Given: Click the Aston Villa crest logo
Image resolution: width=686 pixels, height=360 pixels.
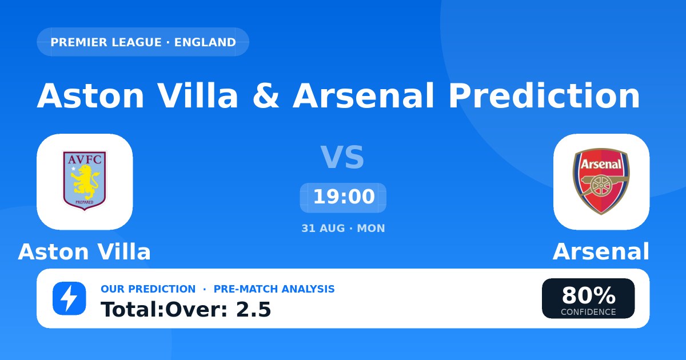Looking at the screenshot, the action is pyautogui.click(x=85, y=181).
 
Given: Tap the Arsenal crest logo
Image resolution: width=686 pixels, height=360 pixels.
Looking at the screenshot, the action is pyautogui.click(x=601, y=182).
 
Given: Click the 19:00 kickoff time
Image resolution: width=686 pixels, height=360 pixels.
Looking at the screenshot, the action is pyautogui.click(x=344, y=197).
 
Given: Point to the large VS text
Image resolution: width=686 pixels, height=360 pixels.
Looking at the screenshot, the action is pyautogui.click(x=342, y=157).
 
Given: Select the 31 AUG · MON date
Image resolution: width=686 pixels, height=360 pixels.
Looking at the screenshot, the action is pyautogui.click(x=343, y=229).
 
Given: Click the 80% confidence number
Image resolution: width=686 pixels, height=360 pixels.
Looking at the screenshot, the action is pyautogui.click(x=588, y=295).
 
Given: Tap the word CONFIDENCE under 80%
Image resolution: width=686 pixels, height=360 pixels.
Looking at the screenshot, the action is pyautogui.click(x=588, y=312).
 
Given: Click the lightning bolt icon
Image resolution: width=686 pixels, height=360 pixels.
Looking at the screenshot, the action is pyautogui.click(x=69, y=298).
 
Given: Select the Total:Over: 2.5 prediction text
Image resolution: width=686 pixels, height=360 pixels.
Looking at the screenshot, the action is pyautogui.click(x=186, y=309).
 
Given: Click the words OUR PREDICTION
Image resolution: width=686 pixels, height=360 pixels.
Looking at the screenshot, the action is pyautogui.click(x=148, y=289).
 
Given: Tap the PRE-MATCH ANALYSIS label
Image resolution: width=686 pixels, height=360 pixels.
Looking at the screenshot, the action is pyautogui.click(x=274, y=289).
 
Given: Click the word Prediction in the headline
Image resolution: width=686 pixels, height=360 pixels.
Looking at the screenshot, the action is pyautogui.click(x=544, y=95).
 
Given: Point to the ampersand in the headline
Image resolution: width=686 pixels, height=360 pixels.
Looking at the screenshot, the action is pyautogui.click(x=266, y=95).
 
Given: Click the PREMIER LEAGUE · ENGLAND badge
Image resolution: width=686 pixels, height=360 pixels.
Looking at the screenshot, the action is pyautogui.click(x=143, y=42).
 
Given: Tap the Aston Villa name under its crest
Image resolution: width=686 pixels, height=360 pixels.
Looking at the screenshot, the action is pyautogui.click(x=84, y=251).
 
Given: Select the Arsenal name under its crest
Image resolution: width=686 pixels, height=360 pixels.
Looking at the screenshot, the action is pyautogui.click(x=601, y=251).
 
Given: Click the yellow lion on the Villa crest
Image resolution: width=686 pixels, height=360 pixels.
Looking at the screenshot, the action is pyautogui.click(x=84, y=182).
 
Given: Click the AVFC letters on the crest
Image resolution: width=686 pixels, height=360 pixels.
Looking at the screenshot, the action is pyautogui.click(x=85, y=159).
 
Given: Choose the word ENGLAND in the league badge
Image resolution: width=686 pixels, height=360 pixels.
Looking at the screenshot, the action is pyautogui.click(x=205, y=42).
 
